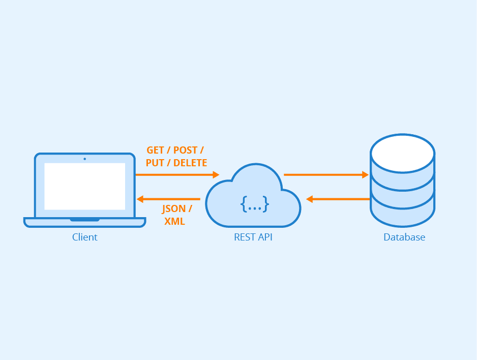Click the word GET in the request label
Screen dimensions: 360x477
[156, 150]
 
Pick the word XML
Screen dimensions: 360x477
[174, 222]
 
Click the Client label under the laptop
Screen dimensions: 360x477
[84, 237]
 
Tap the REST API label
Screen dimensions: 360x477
[253, 237]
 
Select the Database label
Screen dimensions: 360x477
[404, 237]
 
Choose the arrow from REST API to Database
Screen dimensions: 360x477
[325, 174]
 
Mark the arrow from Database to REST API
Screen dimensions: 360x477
[338, 199]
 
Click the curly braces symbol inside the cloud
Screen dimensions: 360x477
[254, 204]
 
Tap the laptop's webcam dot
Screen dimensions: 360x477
[84, 159]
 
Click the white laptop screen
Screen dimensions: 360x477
[84, 186]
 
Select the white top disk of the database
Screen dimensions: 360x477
[402, 153]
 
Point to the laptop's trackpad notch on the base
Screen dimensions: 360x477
[84, 220]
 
